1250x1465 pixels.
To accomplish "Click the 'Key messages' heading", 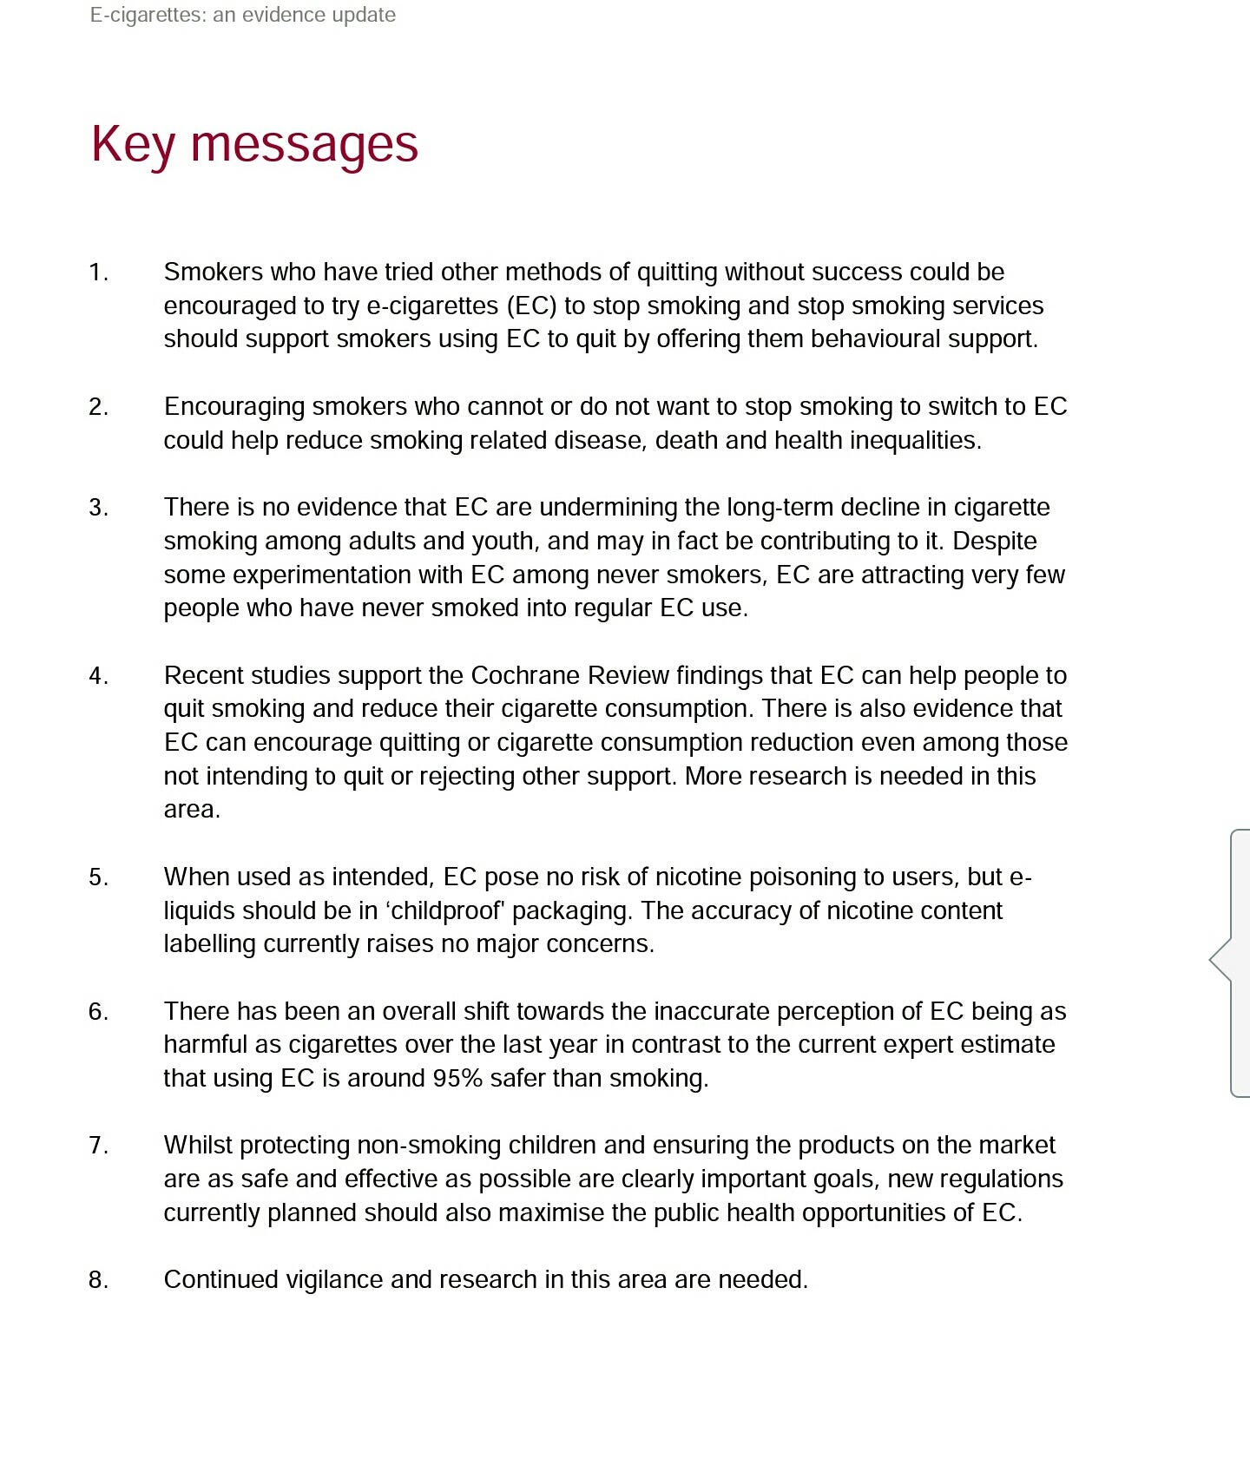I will (254, 144).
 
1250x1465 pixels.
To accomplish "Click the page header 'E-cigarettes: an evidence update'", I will (243, 15).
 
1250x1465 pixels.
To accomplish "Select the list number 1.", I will (98, 273).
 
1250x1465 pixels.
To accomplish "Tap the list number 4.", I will (98, 675).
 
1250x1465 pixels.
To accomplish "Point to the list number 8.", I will (98, 1280).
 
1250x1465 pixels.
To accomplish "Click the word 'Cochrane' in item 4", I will (525, 675).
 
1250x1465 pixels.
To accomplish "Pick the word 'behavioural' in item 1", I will (875, 338).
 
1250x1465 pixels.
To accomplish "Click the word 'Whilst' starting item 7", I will (198, 1146).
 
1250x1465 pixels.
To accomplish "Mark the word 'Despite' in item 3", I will (995, 541).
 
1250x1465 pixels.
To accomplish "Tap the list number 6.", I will (98, 1011).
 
